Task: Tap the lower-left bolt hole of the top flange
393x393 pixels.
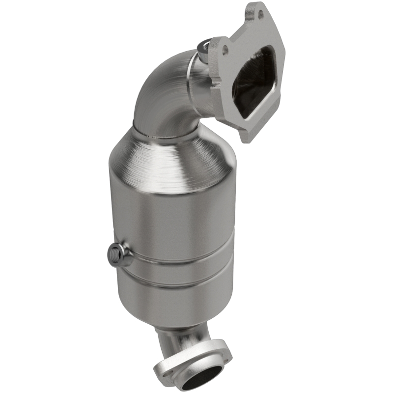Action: (x=225, y=50)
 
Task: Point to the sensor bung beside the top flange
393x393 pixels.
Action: (x=203, y=47)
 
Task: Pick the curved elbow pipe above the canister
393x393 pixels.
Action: (x=162, y=93)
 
